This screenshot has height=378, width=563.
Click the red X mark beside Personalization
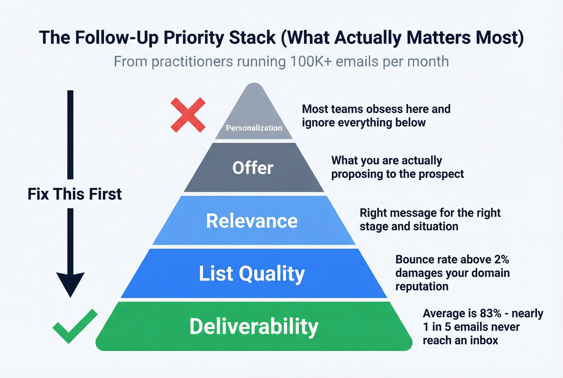188,115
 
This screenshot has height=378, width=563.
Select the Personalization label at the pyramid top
254,128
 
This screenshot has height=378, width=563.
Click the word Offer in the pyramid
253,168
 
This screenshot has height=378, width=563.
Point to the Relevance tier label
252,221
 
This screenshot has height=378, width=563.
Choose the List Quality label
252,274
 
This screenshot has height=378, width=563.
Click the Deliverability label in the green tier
254,326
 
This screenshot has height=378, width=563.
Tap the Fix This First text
74,194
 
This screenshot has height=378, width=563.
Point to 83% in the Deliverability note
491,313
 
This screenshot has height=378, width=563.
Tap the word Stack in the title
253,37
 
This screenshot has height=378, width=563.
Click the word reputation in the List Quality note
421,286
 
